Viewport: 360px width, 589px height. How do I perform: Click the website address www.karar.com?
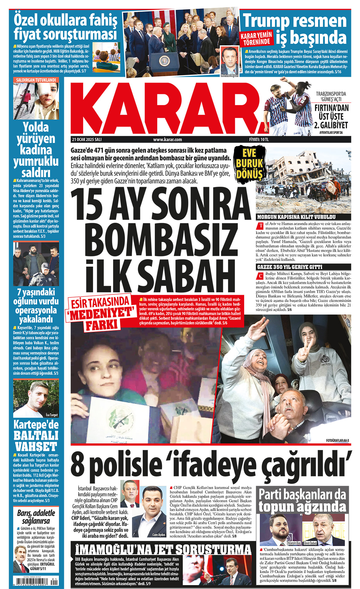pos(167,140)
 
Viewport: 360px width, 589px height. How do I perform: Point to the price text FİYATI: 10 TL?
pos(259,140)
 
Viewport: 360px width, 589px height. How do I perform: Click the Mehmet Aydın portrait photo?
pos(229,60)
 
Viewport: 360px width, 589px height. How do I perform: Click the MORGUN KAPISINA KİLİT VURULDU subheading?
pos(296,217)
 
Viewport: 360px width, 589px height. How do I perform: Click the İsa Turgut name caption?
pos(52,415)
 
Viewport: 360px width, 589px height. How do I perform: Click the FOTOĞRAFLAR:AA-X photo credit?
pos(337,440)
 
